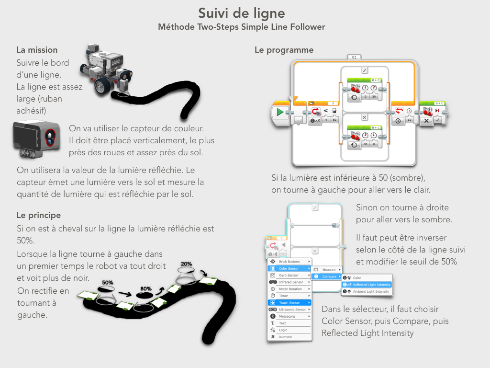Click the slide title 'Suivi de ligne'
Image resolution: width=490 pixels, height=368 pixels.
coord(242,13)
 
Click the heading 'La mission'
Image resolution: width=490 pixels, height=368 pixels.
coord(37,50)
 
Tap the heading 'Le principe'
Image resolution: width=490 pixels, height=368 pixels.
coord(39,215)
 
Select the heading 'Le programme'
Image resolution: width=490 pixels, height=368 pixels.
coord(284,50)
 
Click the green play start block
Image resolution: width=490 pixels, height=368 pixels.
coord(280,112)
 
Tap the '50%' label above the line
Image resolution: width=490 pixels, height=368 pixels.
coord(108,282)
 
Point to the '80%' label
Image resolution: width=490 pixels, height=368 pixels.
coord(145,289)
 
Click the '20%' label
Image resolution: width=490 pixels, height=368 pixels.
coord(186,264)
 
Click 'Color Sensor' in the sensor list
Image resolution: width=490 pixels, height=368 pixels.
coord(289,268)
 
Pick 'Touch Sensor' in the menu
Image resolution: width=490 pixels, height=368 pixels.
coord(290,303)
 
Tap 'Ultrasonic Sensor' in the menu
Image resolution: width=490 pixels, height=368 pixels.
coord(292,310)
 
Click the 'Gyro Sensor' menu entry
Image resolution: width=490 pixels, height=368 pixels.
coord(289,276)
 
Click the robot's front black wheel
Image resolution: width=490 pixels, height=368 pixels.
coord(103,85)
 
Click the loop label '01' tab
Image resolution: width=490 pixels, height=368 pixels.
coord(355,57)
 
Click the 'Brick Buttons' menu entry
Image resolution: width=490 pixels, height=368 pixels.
coord(289,262)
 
